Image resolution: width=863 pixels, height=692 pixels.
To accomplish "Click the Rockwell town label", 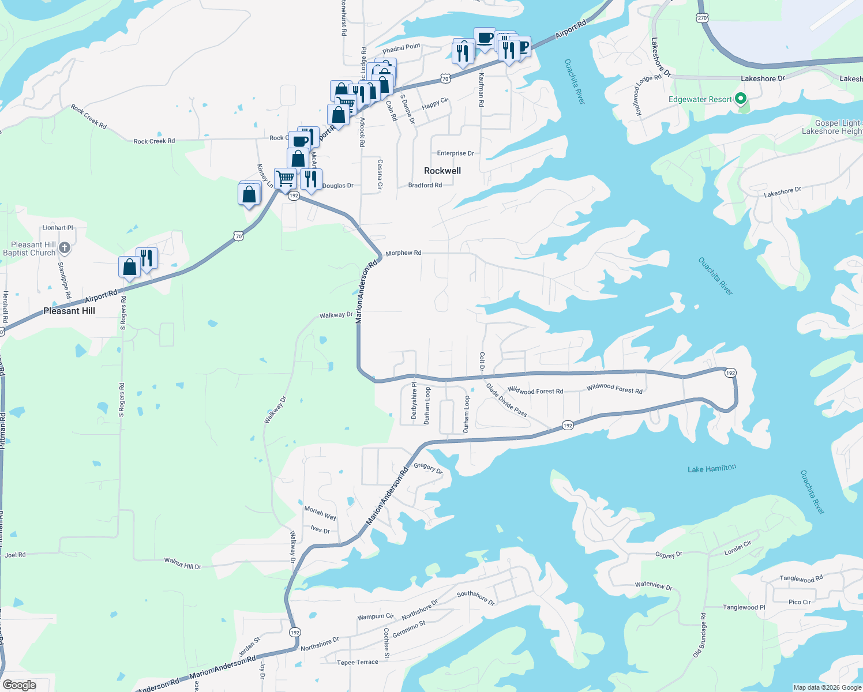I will click(x=442, y=171).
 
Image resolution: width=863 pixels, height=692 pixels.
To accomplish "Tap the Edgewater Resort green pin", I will click(x=741, y=99).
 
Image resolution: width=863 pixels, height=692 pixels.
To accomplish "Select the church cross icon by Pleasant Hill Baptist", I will click(x=65, y=249).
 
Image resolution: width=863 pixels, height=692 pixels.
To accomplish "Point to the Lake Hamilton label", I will click(x=711, y=469).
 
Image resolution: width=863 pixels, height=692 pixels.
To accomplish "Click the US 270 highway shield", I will click(x=702, y=18).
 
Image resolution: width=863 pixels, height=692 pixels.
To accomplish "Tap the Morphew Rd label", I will click(x=403, y=253).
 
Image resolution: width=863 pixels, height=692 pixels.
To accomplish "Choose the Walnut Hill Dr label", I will click(x=183, y=563).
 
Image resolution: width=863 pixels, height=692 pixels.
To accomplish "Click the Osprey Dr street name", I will click(x=669, y=555).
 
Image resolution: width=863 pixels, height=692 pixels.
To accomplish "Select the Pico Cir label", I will click(x=799, y=602).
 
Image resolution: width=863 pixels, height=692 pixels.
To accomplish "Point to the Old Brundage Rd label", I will click(x=699, y=635).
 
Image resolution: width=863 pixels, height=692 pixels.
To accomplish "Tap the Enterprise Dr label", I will click(x=455, y=153).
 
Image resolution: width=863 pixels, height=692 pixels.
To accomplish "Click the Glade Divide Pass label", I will click(x=506, y=400).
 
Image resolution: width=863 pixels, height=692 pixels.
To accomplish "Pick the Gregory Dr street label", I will click(x=428, y=468).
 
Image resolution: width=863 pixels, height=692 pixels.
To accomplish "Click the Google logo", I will click(x=19, y=685).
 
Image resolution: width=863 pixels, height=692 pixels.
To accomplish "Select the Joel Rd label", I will click(x=15, y=555).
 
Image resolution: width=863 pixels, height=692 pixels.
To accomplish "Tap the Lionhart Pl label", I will click(x=58, y=228).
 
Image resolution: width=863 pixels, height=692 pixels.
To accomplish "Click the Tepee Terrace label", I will click(x=358, y=663).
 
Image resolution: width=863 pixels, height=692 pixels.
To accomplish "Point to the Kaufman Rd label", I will click(x=481, y=89).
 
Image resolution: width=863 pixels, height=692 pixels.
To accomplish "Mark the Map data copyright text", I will click(x=827, y=687).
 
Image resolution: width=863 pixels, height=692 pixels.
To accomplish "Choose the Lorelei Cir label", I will click(x=738, y=548).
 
